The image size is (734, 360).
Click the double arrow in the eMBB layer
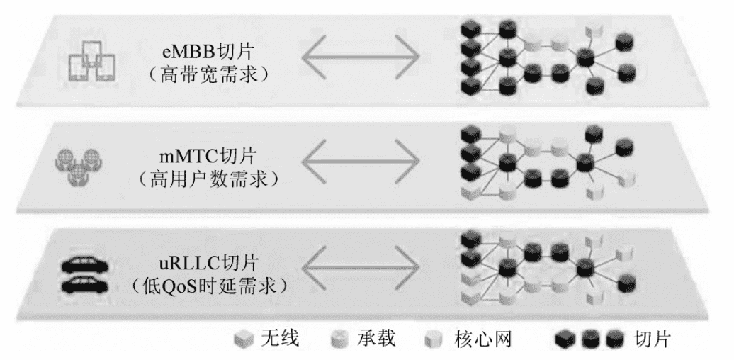[361, 57]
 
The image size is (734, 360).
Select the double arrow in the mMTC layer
[361, 162]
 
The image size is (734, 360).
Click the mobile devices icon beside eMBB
[92, 60]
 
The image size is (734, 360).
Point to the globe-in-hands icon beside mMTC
[79, 166]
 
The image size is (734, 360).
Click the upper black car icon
[85, 265]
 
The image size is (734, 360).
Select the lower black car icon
[85, 285]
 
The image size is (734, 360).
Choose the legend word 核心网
[482, 339]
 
